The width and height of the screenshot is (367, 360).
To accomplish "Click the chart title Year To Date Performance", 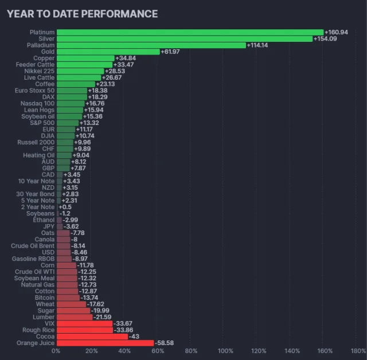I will (x=82, y=13).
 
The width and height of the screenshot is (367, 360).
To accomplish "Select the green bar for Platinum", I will (x=190, y=32).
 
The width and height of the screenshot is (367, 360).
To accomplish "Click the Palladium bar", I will (x=151, y=45).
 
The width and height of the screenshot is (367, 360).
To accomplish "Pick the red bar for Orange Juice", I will (x=105, y=343).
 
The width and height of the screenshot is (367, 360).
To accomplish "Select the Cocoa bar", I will (x=92, y=336).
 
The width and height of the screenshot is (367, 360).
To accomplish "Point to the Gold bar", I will (x=108, y=52).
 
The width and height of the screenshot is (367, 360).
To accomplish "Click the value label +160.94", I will (x=337, y=32).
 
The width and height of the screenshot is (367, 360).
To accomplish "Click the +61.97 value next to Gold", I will (x=172, y=52).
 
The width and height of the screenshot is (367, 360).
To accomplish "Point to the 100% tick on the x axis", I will (x=225, y=351).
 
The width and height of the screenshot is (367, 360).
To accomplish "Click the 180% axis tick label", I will (x=358, y=351).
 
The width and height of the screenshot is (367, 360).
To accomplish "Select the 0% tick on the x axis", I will (x=56, y=351).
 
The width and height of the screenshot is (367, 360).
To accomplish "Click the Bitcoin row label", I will (x=45, y=298).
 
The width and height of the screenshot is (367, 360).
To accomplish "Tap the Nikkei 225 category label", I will (x=40, y=71).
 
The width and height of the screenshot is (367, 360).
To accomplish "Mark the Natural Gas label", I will (x=38, y=284).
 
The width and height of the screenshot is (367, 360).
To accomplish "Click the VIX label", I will (x=49, y=323).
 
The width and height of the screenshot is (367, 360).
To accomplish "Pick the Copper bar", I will (x=85, y=58).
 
